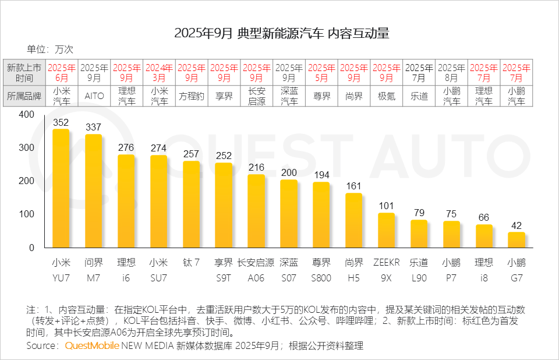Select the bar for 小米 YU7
point(61,189)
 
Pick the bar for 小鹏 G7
point(516,240)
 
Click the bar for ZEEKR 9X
point(386,231)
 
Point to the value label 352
point(61,123)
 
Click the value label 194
point(321,175)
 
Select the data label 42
point(516,225)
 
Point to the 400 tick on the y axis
point(27,115)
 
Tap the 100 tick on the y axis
point(27,214)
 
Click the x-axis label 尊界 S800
point(321,270)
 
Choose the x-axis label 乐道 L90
point(419,270)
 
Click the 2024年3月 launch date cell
point(159,72)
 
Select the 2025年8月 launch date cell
point(451,72)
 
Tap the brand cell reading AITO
point(94,96)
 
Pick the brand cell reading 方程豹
point(192,96)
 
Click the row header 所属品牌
point(24,96)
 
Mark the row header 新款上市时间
point(24,72)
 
